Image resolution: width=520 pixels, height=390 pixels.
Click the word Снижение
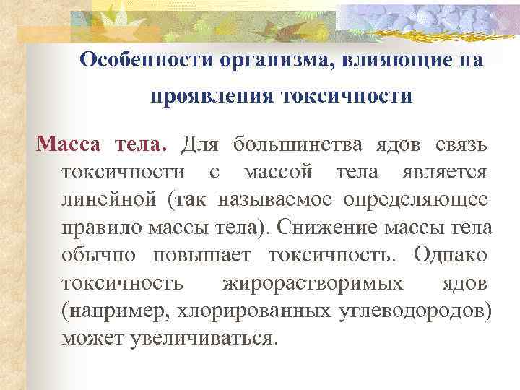pos(328,227)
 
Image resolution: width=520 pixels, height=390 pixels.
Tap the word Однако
pos(450,255)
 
